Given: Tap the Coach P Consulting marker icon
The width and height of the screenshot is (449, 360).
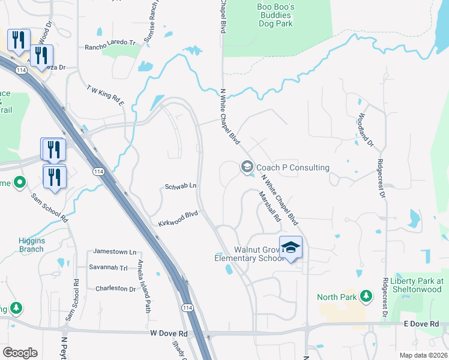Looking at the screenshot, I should coord(246,167).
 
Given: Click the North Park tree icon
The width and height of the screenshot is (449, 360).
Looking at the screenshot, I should coord(366,296).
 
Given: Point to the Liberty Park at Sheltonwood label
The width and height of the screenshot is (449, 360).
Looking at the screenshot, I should coord(416,285).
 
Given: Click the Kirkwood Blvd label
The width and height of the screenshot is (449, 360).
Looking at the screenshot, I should coord(178,218).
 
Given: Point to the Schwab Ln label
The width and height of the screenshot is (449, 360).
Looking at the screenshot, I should coord(181,187).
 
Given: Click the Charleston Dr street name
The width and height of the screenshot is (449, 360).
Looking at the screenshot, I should coord(116,289).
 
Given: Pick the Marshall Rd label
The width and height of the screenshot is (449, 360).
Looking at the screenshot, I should coord(270,207).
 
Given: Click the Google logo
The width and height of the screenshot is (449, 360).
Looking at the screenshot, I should coord(20,353).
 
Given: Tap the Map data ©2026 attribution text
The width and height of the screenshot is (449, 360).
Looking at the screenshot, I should coord(423,355).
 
